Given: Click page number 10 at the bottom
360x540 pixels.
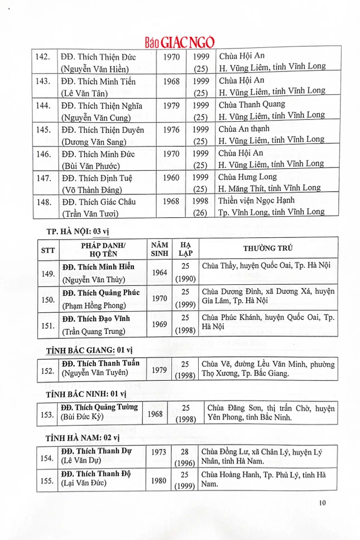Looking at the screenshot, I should tap(322, 503).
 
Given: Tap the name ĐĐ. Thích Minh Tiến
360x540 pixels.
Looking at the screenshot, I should tap(99, 82).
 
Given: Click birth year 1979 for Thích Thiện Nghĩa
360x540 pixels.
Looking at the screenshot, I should tap(171, 105).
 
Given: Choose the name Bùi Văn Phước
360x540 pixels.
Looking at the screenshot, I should tap(89, 164).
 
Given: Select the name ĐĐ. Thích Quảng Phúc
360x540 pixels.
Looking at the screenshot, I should tap(101, 293).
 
